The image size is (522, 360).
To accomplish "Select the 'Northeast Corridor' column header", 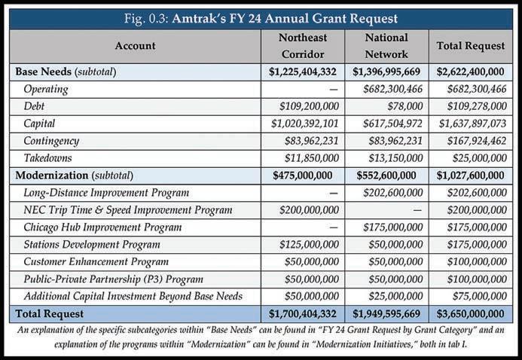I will [x=301, y=45].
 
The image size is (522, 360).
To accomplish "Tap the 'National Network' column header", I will [x=386, y=45].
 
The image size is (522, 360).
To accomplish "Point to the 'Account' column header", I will [x=135, y=45].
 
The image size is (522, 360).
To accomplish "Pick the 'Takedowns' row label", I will [x=47, y=157].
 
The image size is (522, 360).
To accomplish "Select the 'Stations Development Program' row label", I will [x=91, y=244].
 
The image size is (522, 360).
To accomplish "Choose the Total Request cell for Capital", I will [x=470, y=123].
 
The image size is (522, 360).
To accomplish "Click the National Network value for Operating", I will [x=387, y=89].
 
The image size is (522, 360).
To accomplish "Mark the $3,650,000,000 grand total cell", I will [x=470, y=313].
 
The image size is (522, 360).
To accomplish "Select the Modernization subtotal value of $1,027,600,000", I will [x=470, y=175].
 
